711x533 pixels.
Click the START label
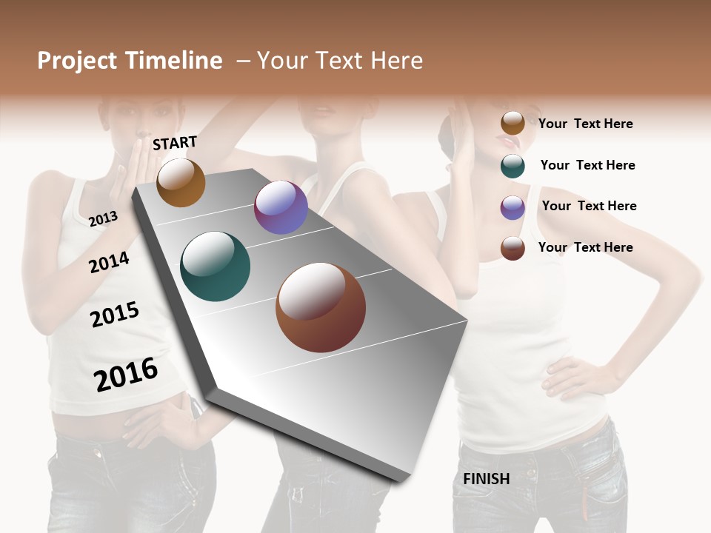click(175, 143)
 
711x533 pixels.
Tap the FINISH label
click(487, 479)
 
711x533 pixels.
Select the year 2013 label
click(103, 218)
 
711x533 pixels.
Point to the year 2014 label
click(109, 262)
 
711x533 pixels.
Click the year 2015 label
click(115, 315)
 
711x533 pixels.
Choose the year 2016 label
click(126, 374)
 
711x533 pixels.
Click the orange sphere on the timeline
click(181, 182)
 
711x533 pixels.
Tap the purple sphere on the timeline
click(281, 207)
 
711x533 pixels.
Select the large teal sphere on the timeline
click(216, 266)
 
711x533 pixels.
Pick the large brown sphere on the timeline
click(321, 307)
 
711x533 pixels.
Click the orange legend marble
click(513, 123)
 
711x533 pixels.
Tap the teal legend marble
click(513, 166)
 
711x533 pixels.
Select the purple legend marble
click(513, 207)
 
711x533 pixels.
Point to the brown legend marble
click(513, 248)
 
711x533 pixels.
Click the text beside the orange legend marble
click(585, 124)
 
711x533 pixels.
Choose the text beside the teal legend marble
click(587, 165)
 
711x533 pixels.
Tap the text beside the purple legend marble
click(589, 206)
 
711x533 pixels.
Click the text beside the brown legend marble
click(585, 247)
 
